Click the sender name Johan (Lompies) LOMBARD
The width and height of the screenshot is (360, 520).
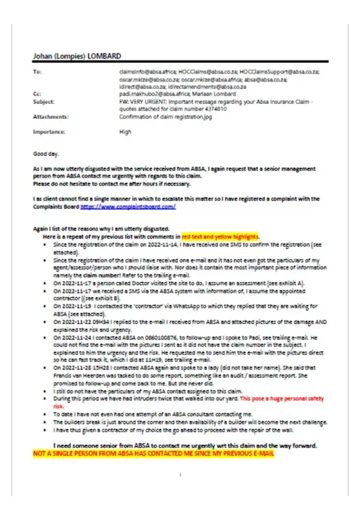coord(78,56)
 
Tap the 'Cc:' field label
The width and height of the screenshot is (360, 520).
coord(37,94)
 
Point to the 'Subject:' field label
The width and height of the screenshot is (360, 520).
coord(43,102)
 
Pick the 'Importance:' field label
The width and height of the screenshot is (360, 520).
coord(49,132)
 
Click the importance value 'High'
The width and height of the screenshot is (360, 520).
coord(125,132)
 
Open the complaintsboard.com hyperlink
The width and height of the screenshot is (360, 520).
coord(127,206)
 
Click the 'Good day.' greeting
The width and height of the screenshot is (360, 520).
coord(46,154)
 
